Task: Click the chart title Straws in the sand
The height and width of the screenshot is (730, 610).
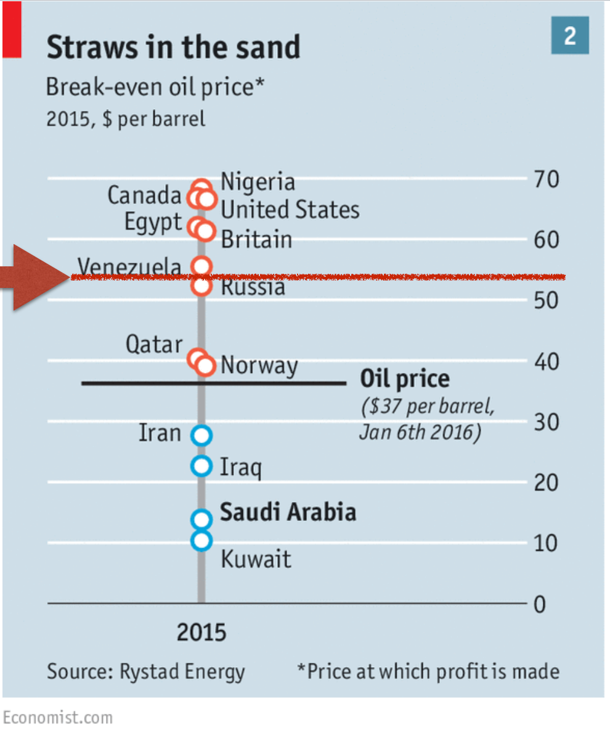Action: pos(173,47)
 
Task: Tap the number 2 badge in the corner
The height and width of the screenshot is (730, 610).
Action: pos(570,36)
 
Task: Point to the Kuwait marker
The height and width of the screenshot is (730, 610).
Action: pos(201,541)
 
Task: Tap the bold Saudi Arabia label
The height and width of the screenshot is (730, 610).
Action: pos(288,512)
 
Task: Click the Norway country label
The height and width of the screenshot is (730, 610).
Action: pos(259,366)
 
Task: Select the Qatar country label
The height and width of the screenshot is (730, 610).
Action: pos(154,344)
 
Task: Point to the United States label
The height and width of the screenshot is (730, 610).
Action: pos(290,210)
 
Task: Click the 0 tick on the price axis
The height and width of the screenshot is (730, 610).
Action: pos(540,605)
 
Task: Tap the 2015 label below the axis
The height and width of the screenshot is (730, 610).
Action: pos(201,633)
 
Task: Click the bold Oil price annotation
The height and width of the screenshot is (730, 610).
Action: pos(405,379)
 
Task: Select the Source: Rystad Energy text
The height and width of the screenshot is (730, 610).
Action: pos(145,671)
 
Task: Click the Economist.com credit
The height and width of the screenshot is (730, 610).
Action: pos(58,718)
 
